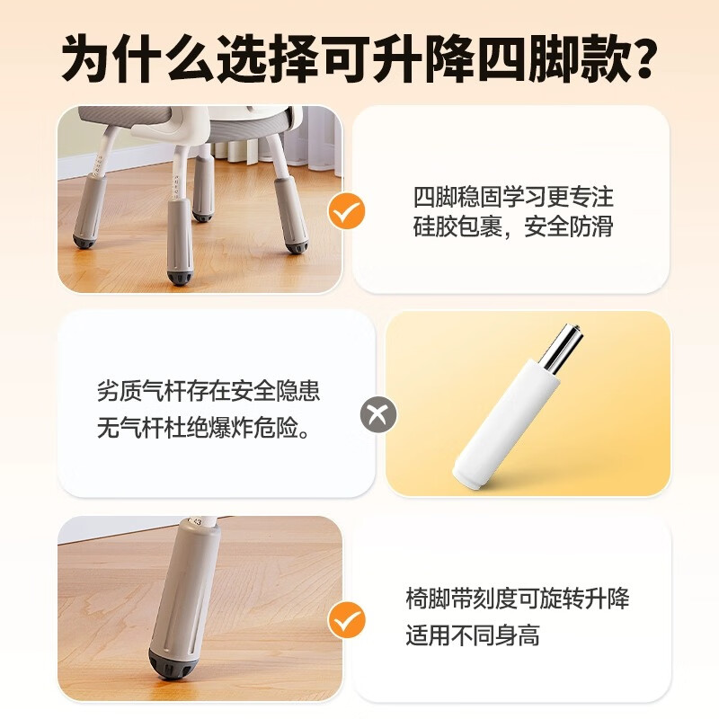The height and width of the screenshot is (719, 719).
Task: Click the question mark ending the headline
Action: (x=635, y=59)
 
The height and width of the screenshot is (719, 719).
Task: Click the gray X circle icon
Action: (x=378, y=416)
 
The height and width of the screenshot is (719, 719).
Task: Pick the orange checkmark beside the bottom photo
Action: (x=346, y=619)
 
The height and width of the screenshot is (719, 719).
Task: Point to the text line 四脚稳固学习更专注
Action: (x=513, y=197)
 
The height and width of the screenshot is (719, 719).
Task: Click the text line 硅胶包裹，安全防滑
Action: (x=513, y=226)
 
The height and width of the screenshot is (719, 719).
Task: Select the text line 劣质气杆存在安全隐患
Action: (x=209, y=392)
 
